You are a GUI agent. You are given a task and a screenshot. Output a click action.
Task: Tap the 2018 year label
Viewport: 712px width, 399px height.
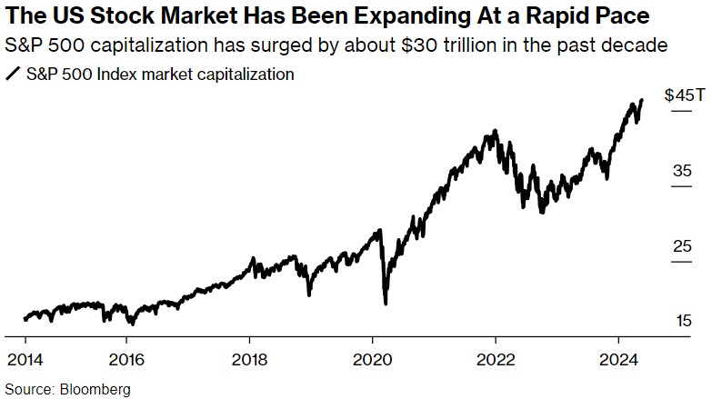click(252, 356)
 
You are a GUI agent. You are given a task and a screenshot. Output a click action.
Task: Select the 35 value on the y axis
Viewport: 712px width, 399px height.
click(682, 171)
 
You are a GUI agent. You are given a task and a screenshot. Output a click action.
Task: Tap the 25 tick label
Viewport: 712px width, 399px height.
click(682, 246)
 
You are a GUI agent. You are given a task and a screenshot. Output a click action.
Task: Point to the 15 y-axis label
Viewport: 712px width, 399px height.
click(682, 321)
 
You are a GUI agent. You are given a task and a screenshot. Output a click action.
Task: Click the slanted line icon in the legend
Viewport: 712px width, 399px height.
click(13, 75)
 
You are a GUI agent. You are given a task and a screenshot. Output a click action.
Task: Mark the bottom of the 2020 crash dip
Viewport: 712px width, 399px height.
click(386, 303)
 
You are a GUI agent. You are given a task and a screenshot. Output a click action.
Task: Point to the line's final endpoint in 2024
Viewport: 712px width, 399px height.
click(642, 100)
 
